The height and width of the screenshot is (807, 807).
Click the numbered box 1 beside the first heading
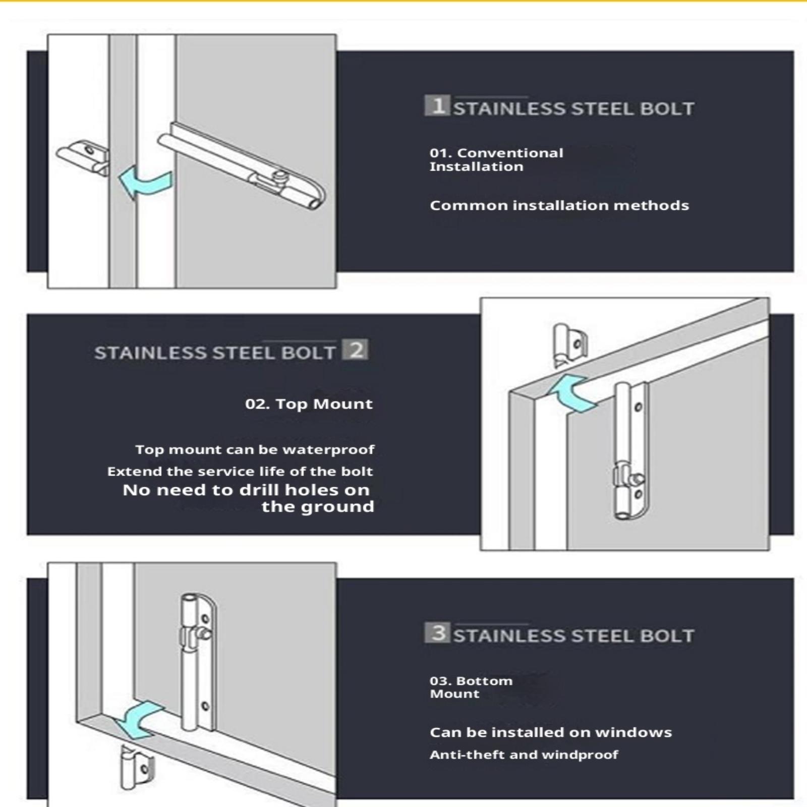[x=437, y=105]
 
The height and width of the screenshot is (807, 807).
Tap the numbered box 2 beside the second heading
[x=355, y=350]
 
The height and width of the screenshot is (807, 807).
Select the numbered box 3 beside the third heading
[x=437, y=632]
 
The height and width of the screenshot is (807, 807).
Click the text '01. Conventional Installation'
[x=496, y=159]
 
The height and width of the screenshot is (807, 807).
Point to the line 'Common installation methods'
[x=559, y=205]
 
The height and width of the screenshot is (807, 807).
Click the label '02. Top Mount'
[x=309, y=403]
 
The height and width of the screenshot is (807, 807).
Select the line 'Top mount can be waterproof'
[x=255, y=449]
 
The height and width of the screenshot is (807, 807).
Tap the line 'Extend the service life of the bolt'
[x=240, y=471]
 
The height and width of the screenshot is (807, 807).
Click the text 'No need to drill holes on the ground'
[x=248, y=498]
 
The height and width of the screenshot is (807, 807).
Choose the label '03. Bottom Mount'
[x=471, y=687]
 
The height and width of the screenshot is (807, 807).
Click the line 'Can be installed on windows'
[x=551, y=732]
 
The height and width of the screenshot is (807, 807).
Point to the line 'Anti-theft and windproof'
[x=524, y=755]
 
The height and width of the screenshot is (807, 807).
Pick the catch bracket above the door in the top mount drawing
[x=569, y=344]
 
